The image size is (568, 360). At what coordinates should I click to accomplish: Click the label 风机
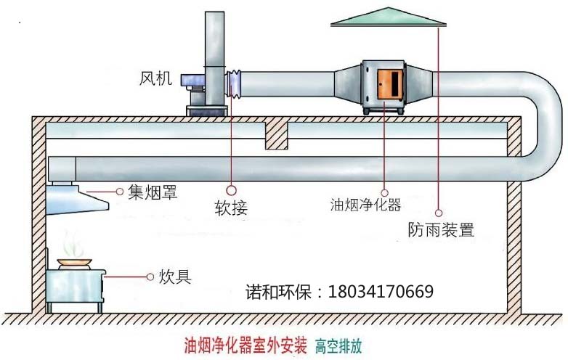click(x=155, y=78)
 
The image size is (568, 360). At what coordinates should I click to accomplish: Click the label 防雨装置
click(x=441, y=231)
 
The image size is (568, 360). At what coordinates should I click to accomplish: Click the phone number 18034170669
click(x=381, y=292)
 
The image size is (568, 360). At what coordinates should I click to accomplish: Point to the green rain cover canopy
click(x=391, y=17)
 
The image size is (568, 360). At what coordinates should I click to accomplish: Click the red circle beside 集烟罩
click(x=120, y=192)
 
